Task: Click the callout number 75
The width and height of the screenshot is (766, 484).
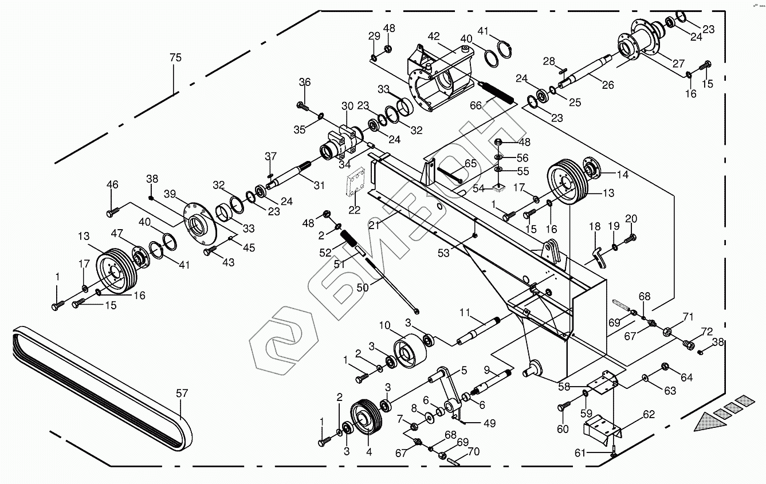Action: [x=175, y=58]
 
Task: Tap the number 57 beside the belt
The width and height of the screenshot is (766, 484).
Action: [x=182, y=394]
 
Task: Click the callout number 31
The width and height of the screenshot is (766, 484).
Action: [x=319, y=185]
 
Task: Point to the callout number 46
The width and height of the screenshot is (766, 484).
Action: [x=112, y=184]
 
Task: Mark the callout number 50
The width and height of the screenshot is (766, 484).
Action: [x=362, y=288]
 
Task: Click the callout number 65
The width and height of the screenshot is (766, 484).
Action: [x=470, y=163]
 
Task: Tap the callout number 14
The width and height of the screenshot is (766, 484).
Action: [x=622, y=175]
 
